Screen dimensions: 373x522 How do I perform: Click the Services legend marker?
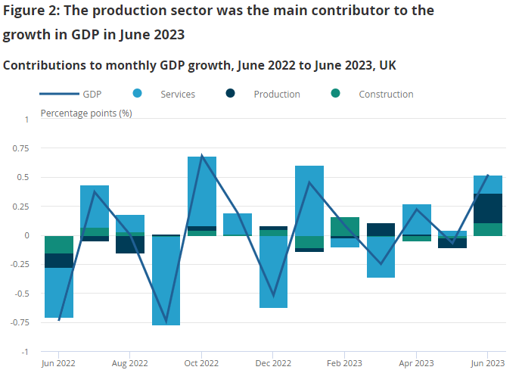tap(138, 94)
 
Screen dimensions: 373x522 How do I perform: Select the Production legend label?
tap(277, 95)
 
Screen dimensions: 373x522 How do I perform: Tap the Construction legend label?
tap(386, 95)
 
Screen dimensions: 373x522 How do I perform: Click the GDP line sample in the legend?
tap(60, 94)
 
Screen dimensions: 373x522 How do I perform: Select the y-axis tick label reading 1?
tap(26, 120)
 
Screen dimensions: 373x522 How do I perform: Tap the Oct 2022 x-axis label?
tap(202, 362)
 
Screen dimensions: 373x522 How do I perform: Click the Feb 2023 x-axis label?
tap(344, 362)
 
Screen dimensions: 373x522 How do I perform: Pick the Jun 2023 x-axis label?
tap(488, 362)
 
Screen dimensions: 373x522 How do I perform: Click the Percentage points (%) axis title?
tap(86, 113)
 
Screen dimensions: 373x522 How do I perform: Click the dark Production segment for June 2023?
tap(488, 208)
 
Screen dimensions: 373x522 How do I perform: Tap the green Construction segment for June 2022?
tap(59, 244)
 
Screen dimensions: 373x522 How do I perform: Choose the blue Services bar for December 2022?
tap(274, 272)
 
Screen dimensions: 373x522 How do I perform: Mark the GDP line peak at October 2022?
tap(202, 156)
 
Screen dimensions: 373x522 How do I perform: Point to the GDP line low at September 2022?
tap(166, 321)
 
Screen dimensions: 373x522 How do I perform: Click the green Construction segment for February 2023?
tap(345, 226)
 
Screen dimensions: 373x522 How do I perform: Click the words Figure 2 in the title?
tap(34, 11)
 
